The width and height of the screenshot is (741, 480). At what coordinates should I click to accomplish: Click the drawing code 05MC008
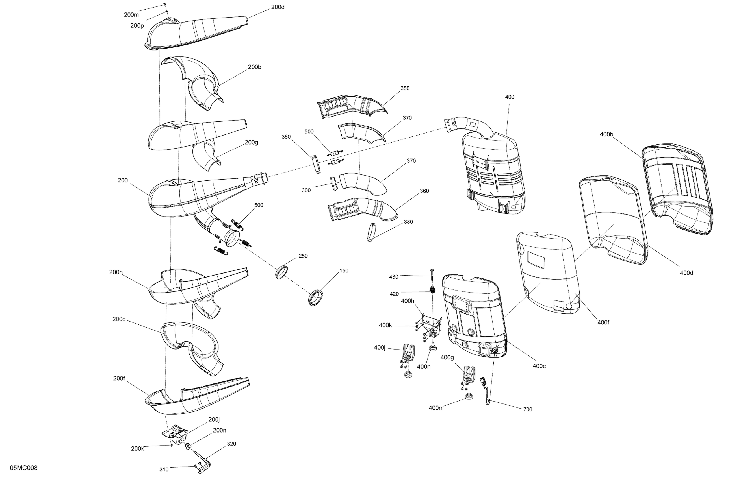point(24,468)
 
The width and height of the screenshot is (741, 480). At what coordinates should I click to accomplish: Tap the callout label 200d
point(278,7)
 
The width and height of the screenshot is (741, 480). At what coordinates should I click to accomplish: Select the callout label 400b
point(606,134)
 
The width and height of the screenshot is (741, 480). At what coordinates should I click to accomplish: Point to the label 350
point(405,88)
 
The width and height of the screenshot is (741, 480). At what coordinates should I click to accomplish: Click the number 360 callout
point(424,191)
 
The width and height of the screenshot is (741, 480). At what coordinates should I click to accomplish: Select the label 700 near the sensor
point(527,409)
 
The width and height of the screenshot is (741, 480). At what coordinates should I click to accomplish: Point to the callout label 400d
point(686,273)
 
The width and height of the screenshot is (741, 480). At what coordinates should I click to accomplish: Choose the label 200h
point(116,272)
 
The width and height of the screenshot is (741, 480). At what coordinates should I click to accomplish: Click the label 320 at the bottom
point(231,444)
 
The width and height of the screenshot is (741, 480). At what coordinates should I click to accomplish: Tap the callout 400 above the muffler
point(509,97)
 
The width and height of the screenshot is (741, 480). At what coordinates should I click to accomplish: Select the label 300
point(306,190)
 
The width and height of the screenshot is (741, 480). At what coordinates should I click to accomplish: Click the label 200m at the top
point(131,15)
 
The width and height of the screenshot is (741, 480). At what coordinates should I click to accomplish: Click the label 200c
point(119,319)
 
